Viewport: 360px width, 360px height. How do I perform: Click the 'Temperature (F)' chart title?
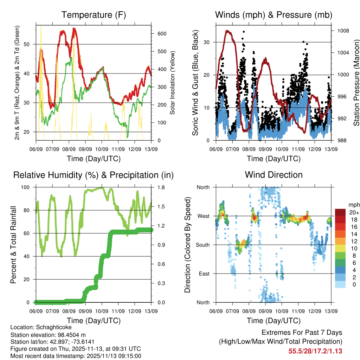[94, 15]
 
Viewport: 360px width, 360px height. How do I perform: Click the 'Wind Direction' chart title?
[274, 175]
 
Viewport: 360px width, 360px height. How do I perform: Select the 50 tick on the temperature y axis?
[30, 44]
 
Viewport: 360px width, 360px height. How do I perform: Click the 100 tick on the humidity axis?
[28, 187]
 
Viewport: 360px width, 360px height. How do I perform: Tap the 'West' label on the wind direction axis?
[203, 216]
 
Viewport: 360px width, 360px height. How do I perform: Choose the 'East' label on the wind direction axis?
[204, 274]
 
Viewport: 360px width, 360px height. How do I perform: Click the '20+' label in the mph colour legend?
[353, 212]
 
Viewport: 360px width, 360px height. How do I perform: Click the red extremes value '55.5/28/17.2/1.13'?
[315, 351]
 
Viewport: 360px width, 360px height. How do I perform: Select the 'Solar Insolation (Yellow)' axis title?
[173, 83]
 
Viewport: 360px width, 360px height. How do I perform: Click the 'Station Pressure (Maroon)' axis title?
[356, 82]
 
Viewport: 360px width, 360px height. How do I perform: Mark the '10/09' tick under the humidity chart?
[102, 311]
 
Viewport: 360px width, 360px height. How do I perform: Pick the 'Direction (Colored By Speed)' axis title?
[187, 245]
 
